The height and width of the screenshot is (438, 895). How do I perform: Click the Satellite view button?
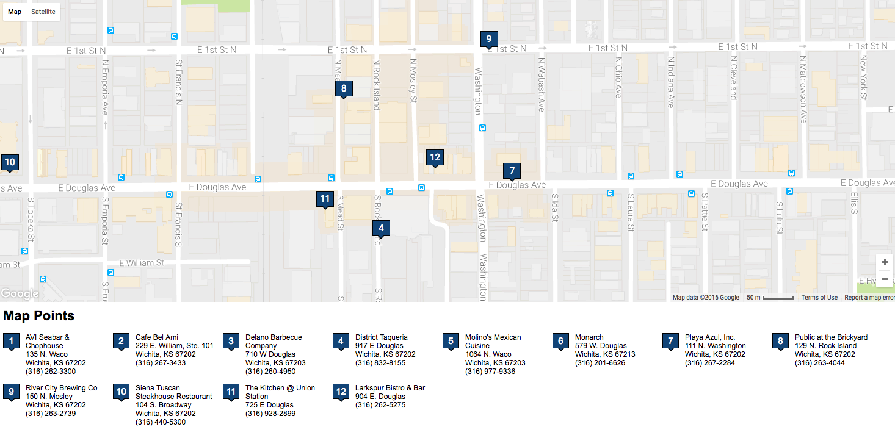coord(43,12)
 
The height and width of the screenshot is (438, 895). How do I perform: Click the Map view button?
coord(15,12)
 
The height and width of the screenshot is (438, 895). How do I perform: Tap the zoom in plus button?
coord(885,262)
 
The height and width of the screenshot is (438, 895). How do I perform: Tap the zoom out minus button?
coord(885,279)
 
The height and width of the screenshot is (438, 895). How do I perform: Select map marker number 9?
coord(488,39)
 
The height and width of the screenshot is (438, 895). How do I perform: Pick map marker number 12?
coord(435,157)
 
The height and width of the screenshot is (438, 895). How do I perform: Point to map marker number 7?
coord(512,171)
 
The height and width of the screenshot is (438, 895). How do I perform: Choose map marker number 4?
coord(381,229)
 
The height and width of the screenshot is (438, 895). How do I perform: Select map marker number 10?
coord(9,163)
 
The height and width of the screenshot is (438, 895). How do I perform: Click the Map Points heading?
coord(39,316)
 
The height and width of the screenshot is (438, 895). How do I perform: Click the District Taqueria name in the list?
coord(381,337)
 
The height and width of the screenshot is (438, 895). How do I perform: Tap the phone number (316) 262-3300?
coord(51,372)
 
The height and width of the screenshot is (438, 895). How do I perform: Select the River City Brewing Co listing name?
coord(61,388)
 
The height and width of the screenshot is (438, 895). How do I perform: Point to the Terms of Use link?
coord(819,298)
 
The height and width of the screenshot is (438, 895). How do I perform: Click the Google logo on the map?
coord(20,294)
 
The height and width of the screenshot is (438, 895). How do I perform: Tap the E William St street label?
coord(142,263)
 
